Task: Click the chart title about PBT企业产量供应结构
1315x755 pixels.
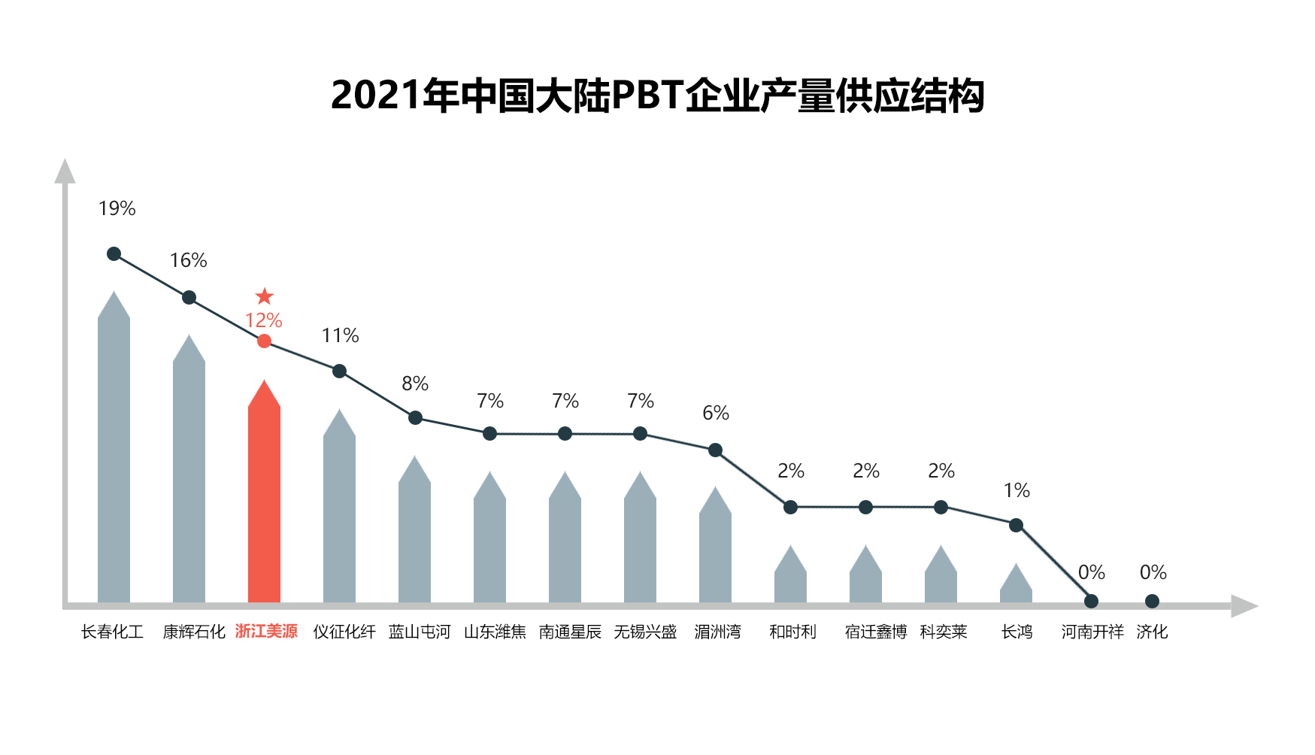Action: [657, 96]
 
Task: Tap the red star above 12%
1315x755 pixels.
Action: [264, 296]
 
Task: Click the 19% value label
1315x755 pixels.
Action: [117, 208]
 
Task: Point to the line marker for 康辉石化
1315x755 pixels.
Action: [189, 298]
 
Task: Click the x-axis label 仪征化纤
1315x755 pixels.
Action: [344, 632]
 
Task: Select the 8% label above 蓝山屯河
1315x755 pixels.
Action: [415, 384]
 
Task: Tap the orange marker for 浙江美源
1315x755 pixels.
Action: [264, 341]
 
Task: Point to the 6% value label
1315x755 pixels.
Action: [716, 413]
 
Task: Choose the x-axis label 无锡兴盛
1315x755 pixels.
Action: [645, 632]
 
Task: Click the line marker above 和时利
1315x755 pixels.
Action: [790, 508]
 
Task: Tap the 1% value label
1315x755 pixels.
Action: [1017, 490]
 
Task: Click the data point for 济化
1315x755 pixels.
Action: [1152, 601]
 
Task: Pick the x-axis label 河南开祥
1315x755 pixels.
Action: [1092, 632]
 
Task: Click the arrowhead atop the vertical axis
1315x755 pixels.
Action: [65, 171]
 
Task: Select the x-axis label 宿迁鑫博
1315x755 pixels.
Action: [876, 632]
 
